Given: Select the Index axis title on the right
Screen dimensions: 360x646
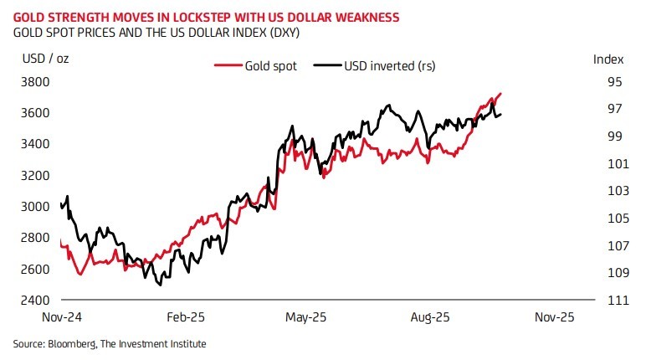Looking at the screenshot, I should click(608, 59).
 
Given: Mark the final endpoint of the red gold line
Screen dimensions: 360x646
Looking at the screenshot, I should click(500, 94).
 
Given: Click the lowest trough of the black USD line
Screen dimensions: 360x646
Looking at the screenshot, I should click(159, 285).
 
